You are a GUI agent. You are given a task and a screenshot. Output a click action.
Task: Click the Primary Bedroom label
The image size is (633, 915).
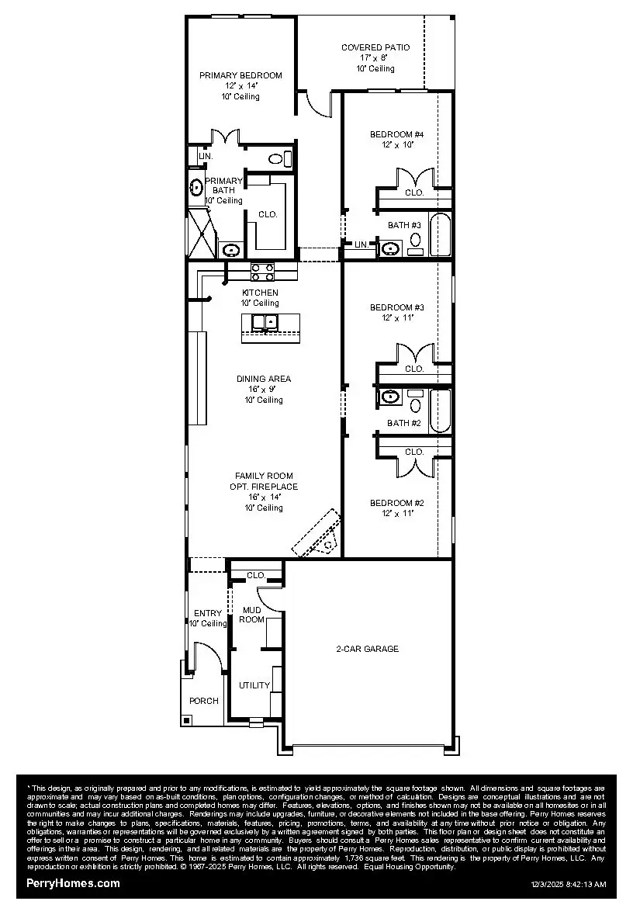240,75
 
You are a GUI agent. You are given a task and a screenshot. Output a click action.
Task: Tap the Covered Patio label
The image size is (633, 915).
375,47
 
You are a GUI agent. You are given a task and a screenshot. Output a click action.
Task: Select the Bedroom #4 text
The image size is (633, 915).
397,134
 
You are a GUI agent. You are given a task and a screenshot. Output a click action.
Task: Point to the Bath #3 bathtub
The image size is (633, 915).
439,234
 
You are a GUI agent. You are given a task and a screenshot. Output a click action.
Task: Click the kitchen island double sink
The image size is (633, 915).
265,321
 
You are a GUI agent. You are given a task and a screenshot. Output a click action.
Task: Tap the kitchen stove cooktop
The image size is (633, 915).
262,271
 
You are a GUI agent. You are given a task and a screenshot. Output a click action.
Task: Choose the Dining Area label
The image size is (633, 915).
264,379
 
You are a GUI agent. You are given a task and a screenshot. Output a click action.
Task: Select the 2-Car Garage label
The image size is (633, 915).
368,649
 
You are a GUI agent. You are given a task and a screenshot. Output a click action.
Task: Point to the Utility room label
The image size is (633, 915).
254,685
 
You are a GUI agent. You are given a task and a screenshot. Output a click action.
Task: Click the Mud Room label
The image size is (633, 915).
252,615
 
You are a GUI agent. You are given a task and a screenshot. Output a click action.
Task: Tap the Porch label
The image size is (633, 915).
204,701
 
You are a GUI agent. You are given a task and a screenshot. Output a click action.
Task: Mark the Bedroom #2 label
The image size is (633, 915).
397,502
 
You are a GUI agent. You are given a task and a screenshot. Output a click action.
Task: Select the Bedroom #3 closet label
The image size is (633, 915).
414,369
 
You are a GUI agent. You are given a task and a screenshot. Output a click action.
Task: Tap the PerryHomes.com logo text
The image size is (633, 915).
73,883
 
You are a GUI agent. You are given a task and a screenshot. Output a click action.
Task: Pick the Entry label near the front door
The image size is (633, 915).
208,613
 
